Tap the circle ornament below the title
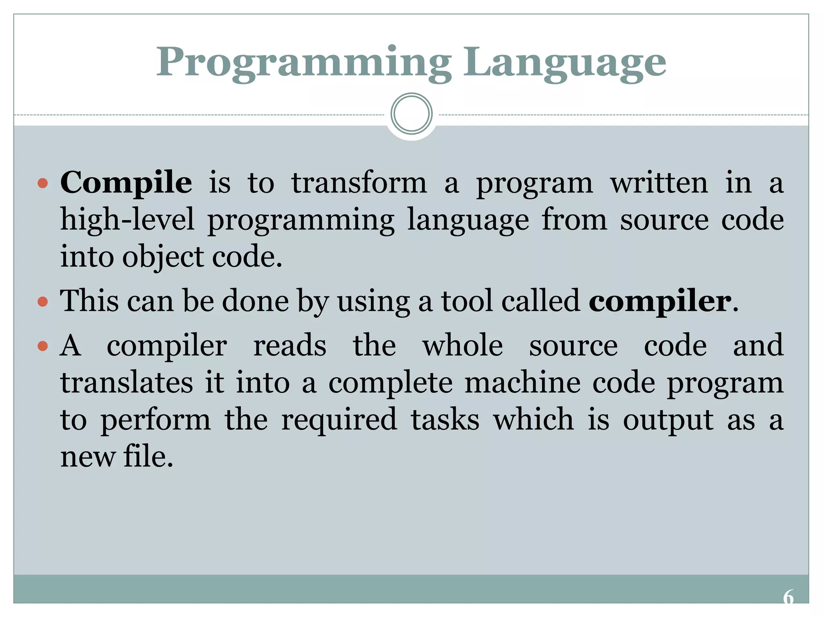[x=411, y=114]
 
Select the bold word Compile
[x=126, y=183]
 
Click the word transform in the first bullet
[x=359, y=183]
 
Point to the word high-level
[x=127, y=220]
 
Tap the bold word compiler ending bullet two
[x=660, y=301]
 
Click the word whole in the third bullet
[x=463, y=345]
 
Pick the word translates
[x=127, y=382]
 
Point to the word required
[x=339, y=420]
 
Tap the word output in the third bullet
[x=668, y=420]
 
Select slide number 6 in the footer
[x=788, y=597]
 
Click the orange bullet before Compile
[x=43, y=184]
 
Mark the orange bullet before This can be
[x=43, y=301]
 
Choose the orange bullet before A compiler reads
[x=43, y=346]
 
